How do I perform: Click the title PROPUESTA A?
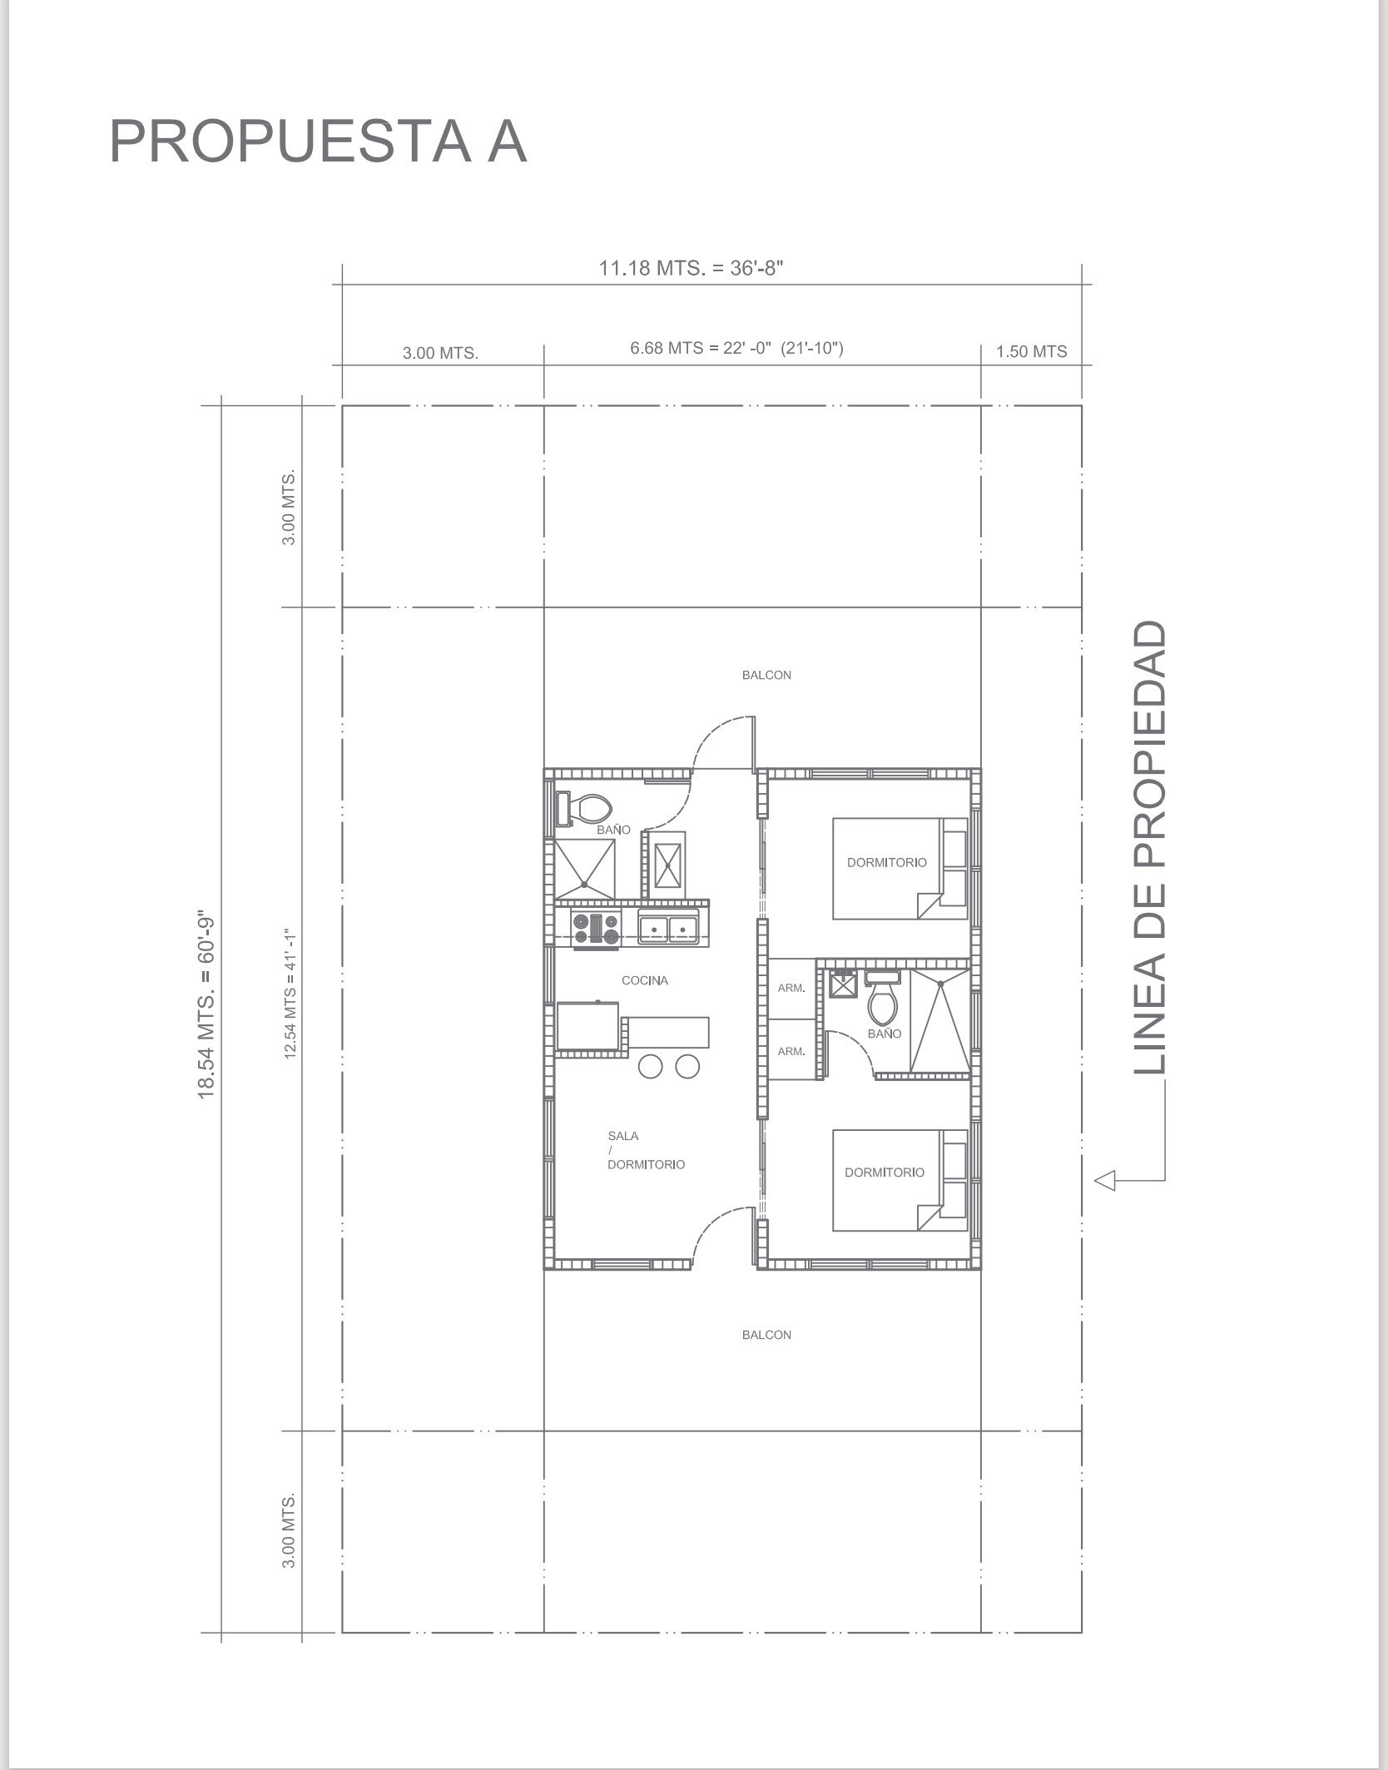click(318, 141)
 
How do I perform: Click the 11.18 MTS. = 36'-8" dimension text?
click(692, 268)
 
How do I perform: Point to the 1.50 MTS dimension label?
click(1032, 351)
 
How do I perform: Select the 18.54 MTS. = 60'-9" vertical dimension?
click(206, 1007)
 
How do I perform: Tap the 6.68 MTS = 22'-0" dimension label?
click(736, 348)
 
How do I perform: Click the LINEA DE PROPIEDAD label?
click(1150, 847)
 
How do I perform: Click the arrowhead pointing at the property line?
click(1104, 1180)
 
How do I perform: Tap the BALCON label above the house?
click(766, 675)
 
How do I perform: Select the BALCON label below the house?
click(766, 1335)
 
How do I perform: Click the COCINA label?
click(645, 980)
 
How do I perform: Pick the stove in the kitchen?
click(596, 928)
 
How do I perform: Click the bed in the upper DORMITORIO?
click(900, 869)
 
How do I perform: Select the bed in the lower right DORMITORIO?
click(900, 1180)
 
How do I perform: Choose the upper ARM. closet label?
click(791, 989)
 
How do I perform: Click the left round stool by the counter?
click(651, 1066)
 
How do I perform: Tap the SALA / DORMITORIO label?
click(646, 1150)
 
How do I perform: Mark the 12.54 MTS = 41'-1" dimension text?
click(290, 993)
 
